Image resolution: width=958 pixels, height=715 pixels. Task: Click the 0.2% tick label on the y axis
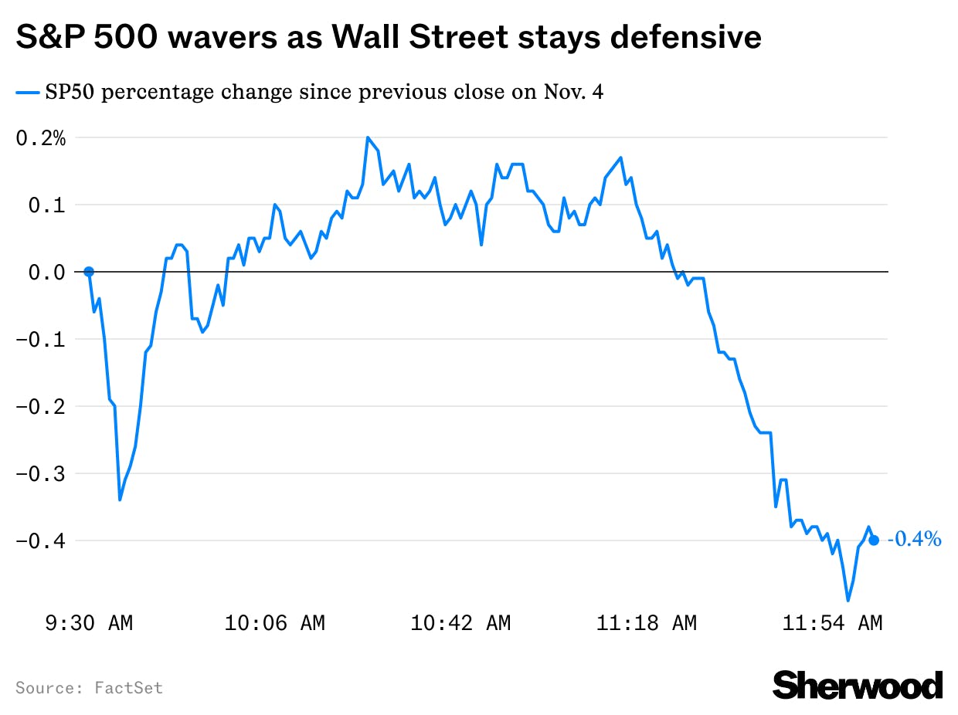coord(41,138)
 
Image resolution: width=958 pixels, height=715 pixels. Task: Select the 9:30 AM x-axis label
coord(89,623)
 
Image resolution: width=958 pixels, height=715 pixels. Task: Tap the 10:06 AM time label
coord(274,623)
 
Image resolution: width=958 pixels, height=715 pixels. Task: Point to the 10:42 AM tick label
coord(460,623)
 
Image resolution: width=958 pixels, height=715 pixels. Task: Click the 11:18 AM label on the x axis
coord(646,623)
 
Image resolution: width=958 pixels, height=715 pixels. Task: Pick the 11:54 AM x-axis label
coord(832,623)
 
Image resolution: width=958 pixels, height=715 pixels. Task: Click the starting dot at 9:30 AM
coord(89,272)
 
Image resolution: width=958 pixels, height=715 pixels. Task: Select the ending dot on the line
coord(874,540)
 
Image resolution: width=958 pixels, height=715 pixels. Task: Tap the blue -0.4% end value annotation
coord(915,540)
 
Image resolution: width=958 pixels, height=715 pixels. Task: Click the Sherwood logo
coord(858,685)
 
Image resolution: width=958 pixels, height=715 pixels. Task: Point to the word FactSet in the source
coord(129,687)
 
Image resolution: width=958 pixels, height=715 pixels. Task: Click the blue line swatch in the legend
coord(27,93)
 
